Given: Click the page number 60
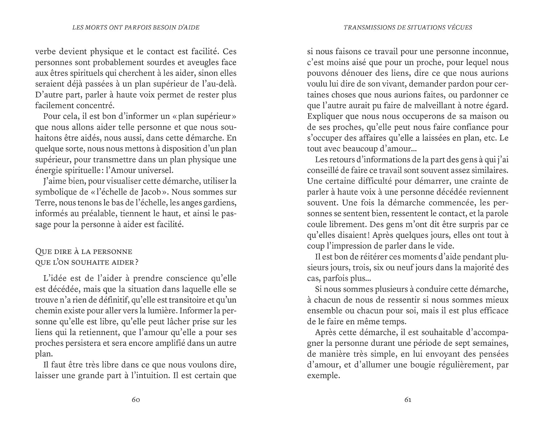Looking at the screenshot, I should click(x=136, y=400).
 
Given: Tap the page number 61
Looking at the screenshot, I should click(x=408, y=400).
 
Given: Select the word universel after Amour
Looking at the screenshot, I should click(x=158, y=170).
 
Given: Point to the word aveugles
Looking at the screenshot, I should click(x=200, y=62).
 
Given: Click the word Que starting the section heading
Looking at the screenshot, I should click(x=43, y=251).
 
